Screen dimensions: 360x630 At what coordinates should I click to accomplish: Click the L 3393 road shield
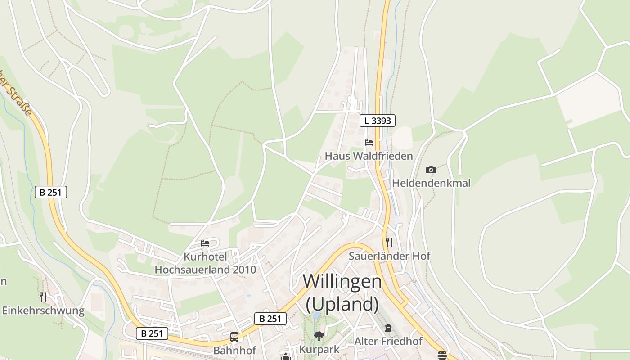[377, 121]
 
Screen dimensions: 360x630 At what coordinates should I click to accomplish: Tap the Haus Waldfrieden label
[369, 156]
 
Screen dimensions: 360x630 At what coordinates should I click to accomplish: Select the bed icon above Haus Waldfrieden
[369, 143]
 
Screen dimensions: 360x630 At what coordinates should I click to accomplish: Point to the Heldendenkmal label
[431, 183]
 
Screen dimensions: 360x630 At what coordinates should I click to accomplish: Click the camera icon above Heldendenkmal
[431, 170]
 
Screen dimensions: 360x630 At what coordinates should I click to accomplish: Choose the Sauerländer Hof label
[390, 256]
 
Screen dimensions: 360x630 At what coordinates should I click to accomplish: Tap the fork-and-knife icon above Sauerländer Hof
[389, 243]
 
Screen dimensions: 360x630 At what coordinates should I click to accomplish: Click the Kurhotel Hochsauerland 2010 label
[205, 263]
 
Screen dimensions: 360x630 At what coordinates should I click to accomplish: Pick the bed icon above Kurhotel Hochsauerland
[205, 243]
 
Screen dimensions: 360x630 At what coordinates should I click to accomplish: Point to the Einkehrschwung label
[43, 310]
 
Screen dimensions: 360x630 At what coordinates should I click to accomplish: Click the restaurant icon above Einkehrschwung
[43, 297]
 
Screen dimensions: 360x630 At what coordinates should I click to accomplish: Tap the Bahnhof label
[234, 350]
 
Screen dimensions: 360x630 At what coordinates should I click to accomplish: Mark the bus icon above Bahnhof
[234, 337]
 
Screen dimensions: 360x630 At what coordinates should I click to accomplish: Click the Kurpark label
[319, 350]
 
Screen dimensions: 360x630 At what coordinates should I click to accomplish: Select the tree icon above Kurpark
[319, 336]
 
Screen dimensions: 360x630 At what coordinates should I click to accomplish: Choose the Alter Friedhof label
[388, 341]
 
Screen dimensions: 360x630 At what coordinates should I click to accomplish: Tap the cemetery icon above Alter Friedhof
[388, 328]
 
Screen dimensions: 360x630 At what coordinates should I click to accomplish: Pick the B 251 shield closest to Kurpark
[270, 319]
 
